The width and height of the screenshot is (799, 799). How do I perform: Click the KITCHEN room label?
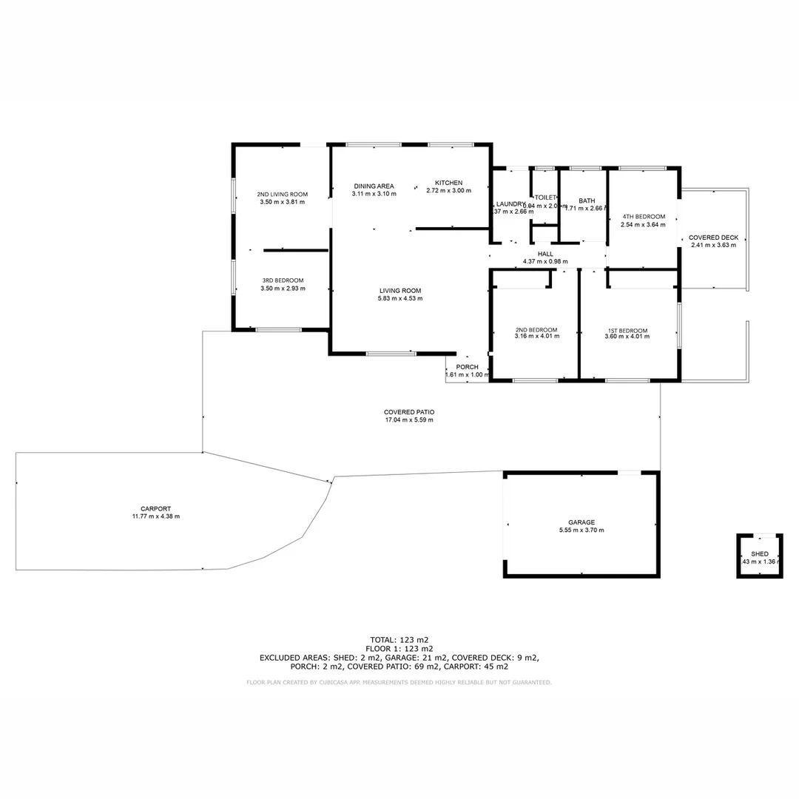point(448,183)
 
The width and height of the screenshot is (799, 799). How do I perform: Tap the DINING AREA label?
point(374,186)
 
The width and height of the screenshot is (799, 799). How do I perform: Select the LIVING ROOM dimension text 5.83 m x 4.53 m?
point(400,299)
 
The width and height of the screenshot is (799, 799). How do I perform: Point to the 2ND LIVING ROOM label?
point(283,194)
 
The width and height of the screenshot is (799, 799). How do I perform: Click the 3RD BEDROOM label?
point(283,280)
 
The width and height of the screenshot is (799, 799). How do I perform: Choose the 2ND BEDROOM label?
point(536,330)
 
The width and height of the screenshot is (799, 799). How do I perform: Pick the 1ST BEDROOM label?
point(627,331)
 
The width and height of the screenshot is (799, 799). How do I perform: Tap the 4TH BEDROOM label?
point(643,216)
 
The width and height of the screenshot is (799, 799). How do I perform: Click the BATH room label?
point(587,200)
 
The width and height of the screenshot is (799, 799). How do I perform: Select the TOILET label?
point(545,198)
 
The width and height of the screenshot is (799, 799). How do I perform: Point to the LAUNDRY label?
point(510,204)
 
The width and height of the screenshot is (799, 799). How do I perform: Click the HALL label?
point(545,254)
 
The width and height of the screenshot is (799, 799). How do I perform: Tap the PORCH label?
point(467,367)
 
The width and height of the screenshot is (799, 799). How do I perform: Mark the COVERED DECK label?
point(713,237)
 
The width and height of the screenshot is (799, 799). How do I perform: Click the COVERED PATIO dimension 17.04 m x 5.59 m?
point(409,420)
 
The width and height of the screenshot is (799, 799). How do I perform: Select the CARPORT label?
point(156,508)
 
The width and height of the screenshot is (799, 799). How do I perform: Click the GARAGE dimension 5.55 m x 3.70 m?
point(581,530)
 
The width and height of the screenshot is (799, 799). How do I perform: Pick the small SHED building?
point(760,556)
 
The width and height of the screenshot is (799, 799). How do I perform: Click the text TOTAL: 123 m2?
point(399,639)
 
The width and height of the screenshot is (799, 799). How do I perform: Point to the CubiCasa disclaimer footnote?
point(399,682)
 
